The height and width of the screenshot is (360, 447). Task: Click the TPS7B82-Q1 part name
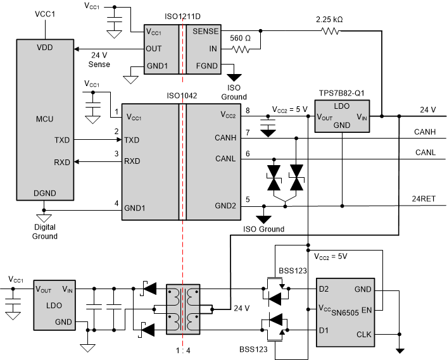point(341,92)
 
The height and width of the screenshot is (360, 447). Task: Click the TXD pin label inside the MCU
point(63,140)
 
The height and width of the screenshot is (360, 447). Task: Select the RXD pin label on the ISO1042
point(132,161)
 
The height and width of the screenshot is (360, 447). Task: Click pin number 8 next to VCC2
point(248,111)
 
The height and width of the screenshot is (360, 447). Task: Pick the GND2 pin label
point(225,206)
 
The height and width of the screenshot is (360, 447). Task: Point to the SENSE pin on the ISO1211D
point(206,31)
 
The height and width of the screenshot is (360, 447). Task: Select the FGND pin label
point(207,65)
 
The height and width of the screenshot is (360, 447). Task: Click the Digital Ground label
point(45,232)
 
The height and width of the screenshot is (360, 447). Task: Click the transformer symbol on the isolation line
point(182,309)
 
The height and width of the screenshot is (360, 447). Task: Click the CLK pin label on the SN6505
point(363,334)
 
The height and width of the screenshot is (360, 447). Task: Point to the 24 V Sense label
point(96,59)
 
